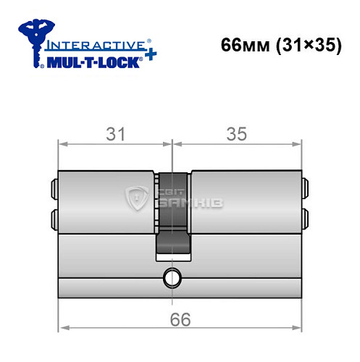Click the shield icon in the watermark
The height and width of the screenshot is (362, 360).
tap(137, 198)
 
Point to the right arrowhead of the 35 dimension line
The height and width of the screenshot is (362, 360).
tap(297, 143)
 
